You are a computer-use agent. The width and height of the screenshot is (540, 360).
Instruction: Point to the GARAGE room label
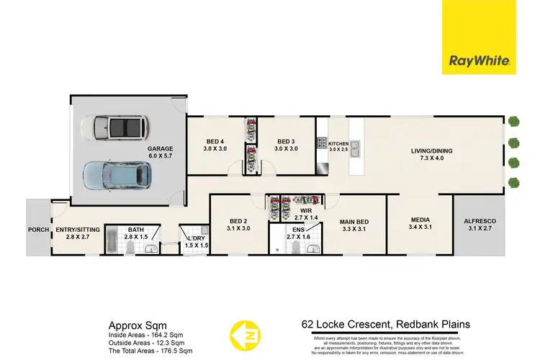160,149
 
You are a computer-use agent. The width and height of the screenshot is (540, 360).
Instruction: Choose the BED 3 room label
287,141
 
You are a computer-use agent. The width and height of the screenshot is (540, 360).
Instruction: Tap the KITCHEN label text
339,145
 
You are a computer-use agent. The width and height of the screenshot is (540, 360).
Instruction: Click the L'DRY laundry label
196,238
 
